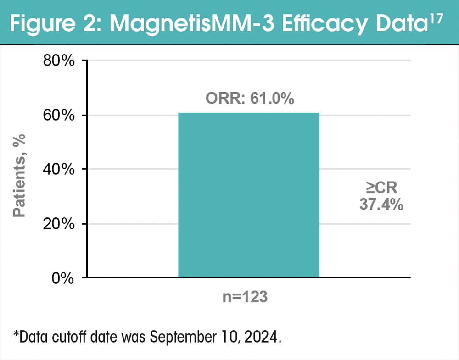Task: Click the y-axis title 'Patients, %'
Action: (x=19, y=176)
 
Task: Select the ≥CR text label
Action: (x=381, y=188)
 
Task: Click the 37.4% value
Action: (x=381, y=205)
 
